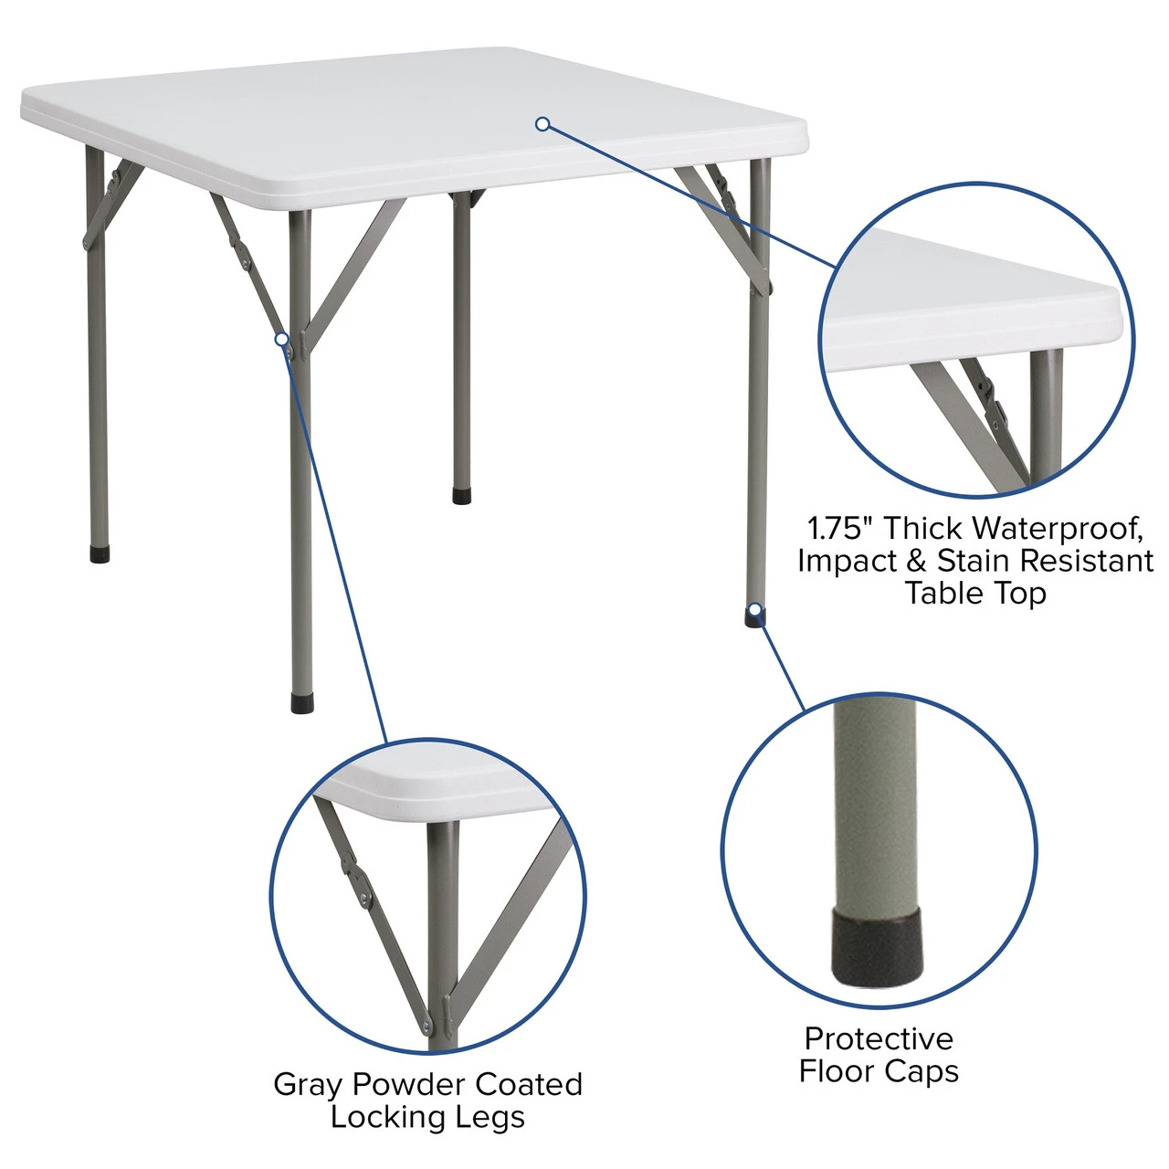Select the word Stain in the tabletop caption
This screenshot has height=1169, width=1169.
pos(974,560)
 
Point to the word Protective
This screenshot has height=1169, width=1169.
pos(879,1038)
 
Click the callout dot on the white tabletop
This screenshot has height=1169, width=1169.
pos(542,123)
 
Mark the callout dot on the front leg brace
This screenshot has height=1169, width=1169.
pos(282,340)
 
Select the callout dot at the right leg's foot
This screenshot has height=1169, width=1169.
pos(754,609)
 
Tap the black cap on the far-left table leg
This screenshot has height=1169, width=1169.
pos(100,553)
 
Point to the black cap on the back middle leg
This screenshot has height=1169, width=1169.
pos(462,497)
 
